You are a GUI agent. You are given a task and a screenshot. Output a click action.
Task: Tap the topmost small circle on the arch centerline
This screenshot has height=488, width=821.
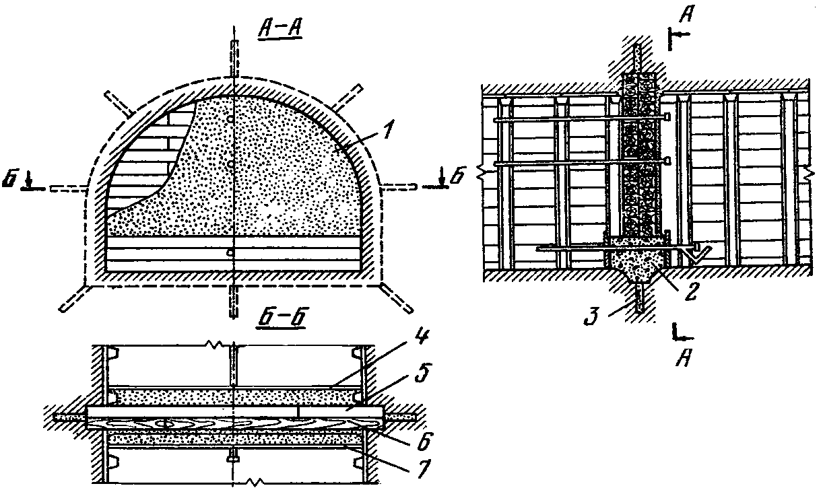coord(232,119)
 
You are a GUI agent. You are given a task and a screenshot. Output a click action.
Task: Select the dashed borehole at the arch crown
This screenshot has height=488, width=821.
coord(233,61)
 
